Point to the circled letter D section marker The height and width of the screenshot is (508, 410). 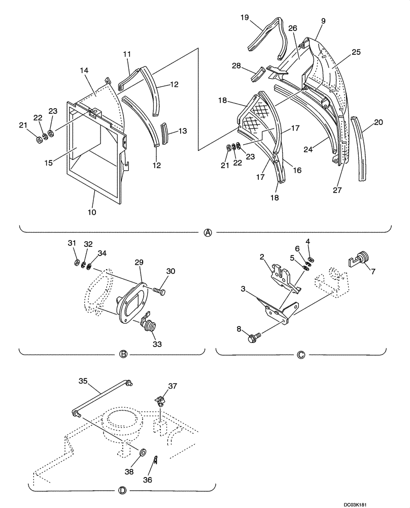(x=122, y=490)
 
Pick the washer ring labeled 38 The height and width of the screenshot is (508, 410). (x=144, y=451)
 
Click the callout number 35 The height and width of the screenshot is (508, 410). (x=83, y=379)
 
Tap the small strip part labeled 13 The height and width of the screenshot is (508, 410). (x=164, y=133)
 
